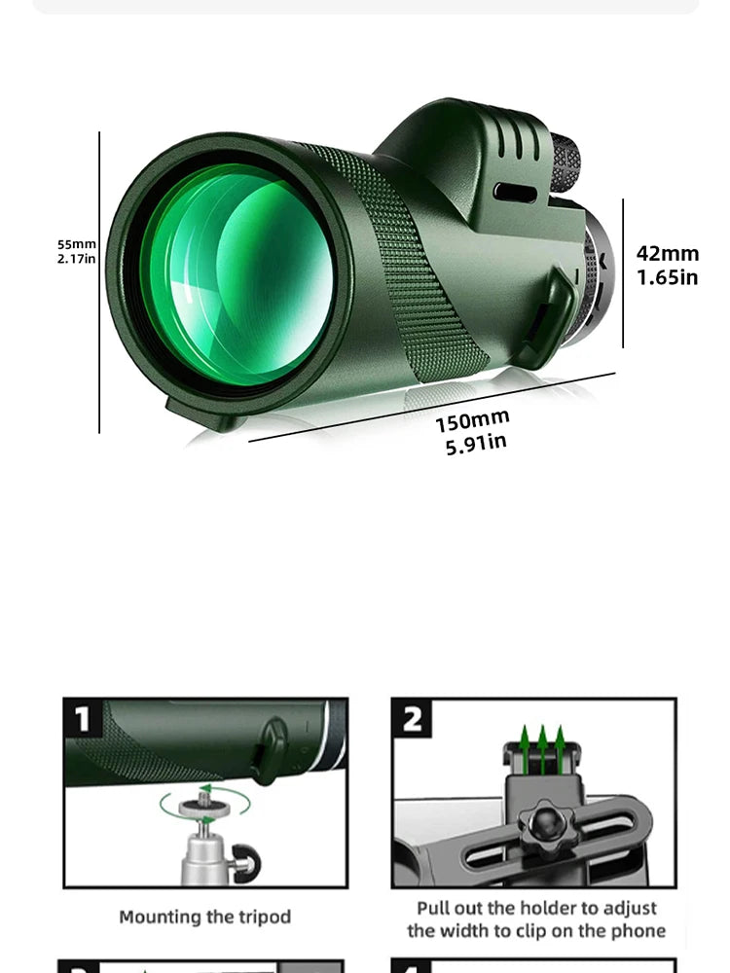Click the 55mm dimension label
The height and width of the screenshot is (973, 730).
tap(77, 244)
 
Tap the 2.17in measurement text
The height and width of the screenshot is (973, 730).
tap(77, 259)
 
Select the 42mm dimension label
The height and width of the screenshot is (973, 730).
tap(668, 254)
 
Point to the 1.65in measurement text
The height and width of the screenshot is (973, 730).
tap(668, 277)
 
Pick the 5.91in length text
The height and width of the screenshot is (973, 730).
tap(476, 444)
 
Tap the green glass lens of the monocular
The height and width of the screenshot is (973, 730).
tap(238, 272)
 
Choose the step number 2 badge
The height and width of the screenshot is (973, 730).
tap(413, 719)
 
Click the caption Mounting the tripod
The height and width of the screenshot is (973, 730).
tap(204, 917)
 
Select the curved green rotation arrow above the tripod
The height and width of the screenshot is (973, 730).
tap(204, 803)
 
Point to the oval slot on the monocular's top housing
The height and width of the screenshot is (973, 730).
tap(515, 192)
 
